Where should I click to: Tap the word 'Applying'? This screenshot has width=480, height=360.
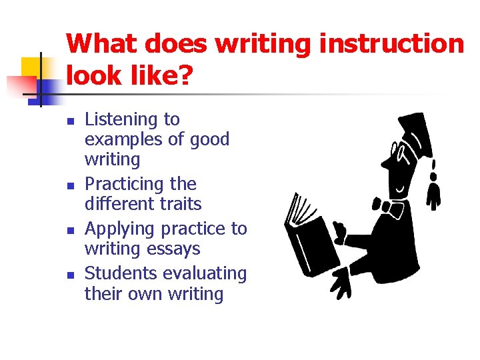click(118, 229)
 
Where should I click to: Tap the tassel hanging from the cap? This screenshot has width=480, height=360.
click(434, 187)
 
